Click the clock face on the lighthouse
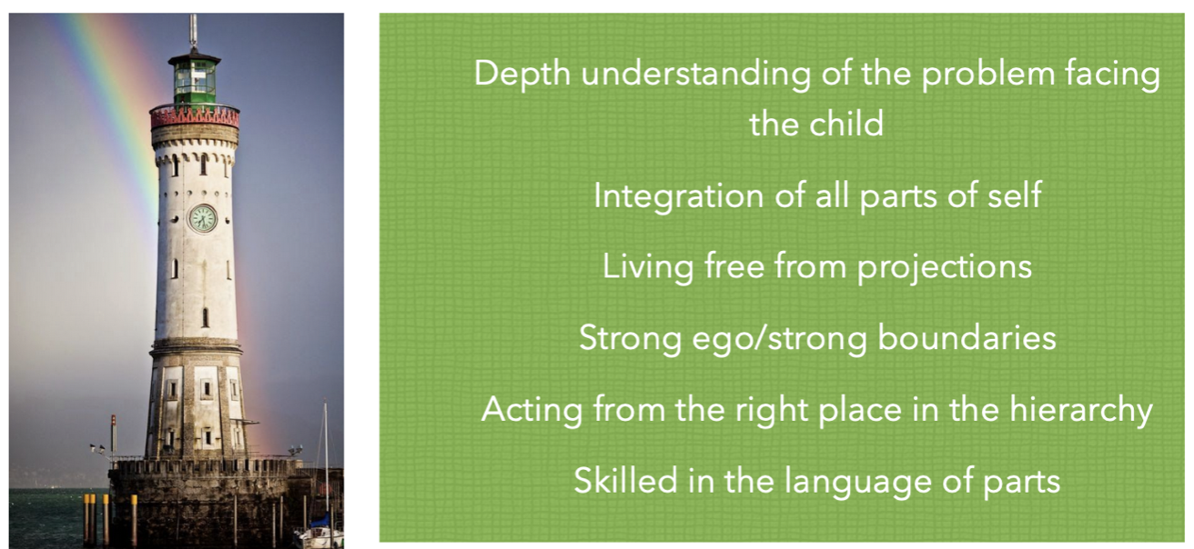203,218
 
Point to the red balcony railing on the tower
195,116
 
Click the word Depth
521,74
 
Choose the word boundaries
966,338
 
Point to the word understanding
696,74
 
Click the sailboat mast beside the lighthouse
326,458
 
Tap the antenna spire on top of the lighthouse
193,32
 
